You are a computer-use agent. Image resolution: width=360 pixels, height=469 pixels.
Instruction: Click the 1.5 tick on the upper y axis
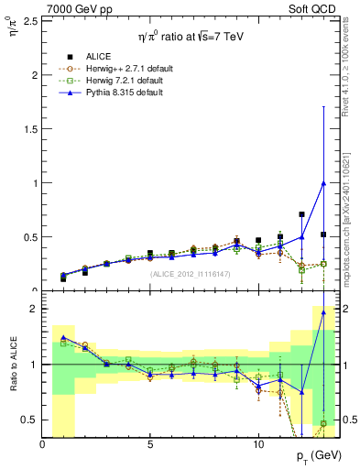tap(30, 128)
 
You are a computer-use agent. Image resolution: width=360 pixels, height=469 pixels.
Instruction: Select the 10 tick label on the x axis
tap(258, 444)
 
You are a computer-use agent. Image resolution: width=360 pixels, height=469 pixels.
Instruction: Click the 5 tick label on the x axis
tap(150, 444)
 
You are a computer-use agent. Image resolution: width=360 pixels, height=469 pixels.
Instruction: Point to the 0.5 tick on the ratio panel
tap(30, 420)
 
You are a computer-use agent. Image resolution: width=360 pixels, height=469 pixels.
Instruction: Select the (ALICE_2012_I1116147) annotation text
tap(190, 273)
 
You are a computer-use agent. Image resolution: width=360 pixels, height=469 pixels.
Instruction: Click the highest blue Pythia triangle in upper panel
tap(323, 182)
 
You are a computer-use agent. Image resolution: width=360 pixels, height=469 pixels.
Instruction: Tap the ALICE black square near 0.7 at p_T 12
tap(301, 214)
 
